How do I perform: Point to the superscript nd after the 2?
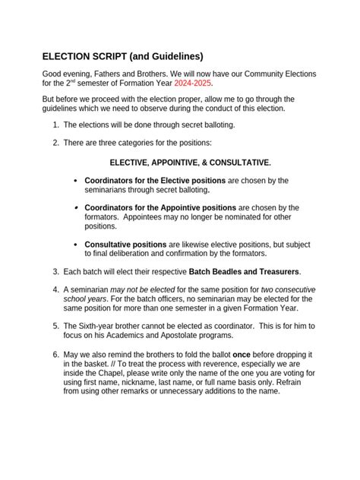(x=74, y=81)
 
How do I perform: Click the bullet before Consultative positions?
(x=75, y=245)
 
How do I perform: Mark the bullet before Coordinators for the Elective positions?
(x=75, y=181)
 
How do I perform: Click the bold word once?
(x=242, y=355)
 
